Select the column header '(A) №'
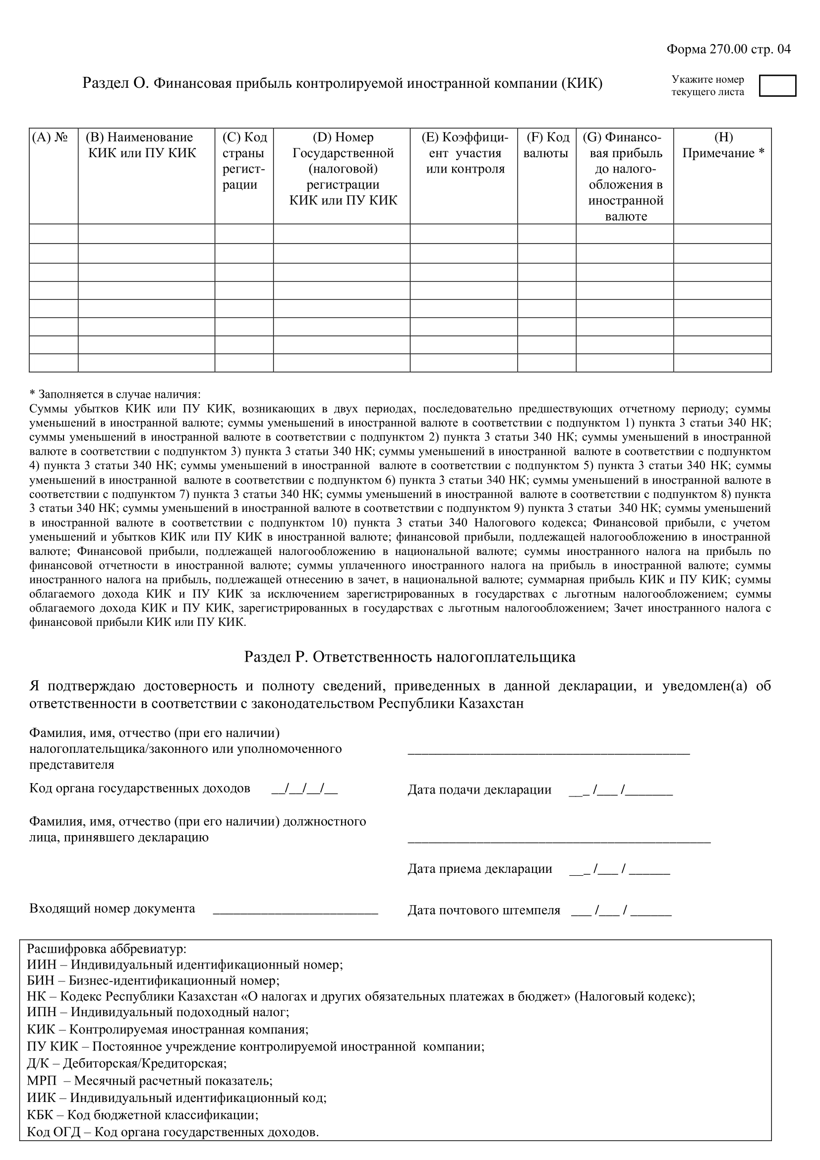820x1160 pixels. tap(50, 137)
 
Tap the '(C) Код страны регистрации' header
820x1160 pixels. tap(244, 161)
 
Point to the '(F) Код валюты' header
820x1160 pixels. tap(546, 145)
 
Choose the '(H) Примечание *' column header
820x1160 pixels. tap(722, 145)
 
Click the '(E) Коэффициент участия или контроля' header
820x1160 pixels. tap(464, 153)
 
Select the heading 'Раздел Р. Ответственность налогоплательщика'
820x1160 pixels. tap(410, 657)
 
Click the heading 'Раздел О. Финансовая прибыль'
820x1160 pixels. tap(343, 83)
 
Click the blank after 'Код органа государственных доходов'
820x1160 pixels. tap(304, 789)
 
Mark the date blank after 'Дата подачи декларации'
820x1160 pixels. tap(621, 790)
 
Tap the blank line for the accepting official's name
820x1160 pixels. tap(559, 840)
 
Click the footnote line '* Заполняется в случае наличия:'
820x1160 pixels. tap(115, 394)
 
